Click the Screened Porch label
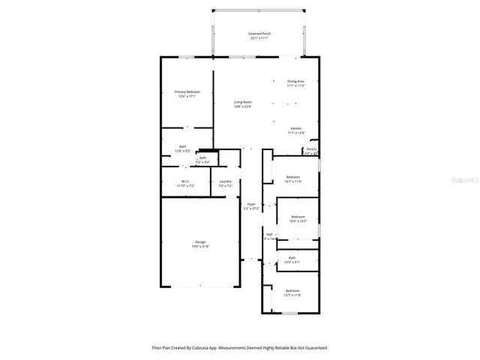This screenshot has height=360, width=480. click(259, 34)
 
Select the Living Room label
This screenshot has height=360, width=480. click(242, 102)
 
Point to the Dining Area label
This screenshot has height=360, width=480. click(295, 81)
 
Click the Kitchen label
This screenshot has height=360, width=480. click(296, 128)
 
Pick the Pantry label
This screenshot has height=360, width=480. click(311, 149)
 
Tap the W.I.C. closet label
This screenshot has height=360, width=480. click(184, 181)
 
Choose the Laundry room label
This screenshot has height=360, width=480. click(225, 181)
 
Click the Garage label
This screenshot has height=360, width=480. click(200, 241)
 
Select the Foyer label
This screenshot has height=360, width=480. click(252, 204)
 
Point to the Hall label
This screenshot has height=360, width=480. click(269, 234)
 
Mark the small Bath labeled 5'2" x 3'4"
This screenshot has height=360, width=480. click(202, 158)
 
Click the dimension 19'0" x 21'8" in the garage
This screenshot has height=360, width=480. click(200, 246)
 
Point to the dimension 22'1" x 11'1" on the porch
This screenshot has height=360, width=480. click(259, 38)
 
